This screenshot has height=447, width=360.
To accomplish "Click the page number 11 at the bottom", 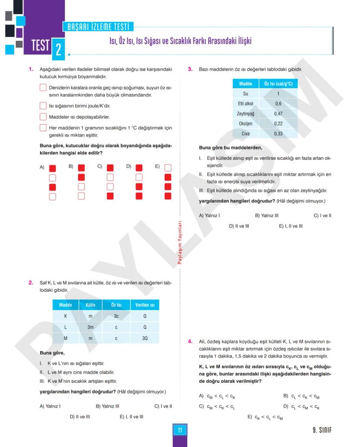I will click(180, 430).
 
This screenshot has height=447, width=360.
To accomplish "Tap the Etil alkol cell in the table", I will click(246, 103).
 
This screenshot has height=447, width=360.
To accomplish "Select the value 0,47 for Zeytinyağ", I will click(278, 113).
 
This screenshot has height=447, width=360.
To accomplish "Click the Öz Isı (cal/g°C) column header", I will click(278, 84).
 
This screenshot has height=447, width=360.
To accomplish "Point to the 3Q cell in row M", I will click(144, 338).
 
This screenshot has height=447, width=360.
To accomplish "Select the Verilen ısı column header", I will click(144, 305).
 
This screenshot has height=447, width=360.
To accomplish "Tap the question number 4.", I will click(190, 341).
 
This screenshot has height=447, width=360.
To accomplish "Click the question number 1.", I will click(31, 69).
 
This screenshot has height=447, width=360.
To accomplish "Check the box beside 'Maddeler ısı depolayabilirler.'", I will click(43, 116).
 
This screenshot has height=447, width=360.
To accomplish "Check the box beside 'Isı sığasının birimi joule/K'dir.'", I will click(43, 106).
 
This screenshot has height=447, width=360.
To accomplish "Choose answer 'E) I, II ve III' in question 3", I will click(290, 226).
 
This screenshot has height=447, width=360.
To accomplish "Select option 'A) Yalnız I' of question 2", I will click(50, 406).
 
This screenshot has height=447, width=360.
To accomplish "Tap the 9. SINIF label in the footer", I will click(322, 430).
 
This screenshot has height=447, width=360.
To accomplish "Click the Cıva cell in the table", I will click(246, 134).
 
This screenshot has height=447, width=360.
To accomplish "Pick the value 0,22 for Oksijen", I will click(278, 123).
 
